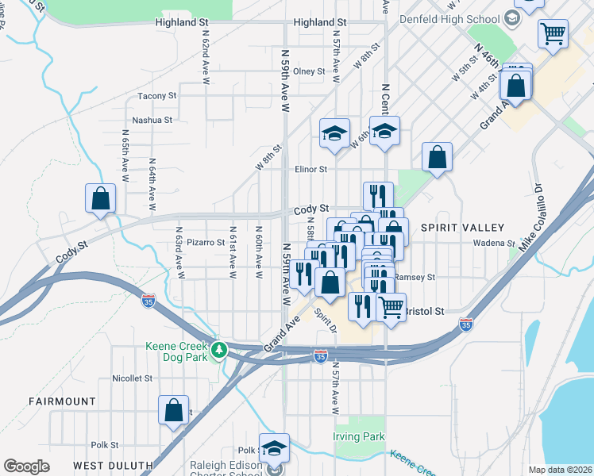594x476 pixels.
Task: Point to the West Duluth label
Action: (112, 464)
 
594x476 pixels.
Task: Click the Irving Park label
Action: (359, 436)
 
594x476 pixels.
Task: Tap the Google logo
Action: (27, 466)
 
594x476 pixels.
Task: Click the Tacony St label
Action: (157, 96)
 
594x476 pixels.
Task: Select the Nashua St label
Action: (152, 120)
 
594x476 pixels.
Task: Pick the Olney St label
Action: (309, 71)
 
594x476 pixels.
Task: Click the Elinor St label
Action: (310, 169)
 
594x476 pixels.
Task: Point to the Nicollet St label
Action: (132, 378)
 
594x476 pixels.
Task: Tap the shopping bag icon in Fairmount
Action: (174, 409)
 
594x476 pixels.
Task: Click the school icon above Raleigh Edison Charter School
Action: (275, 448)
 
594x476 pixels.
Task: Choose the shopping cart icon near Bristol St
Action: (391, 306)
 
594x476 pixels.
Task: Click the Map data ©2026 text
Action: (560, 469)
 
